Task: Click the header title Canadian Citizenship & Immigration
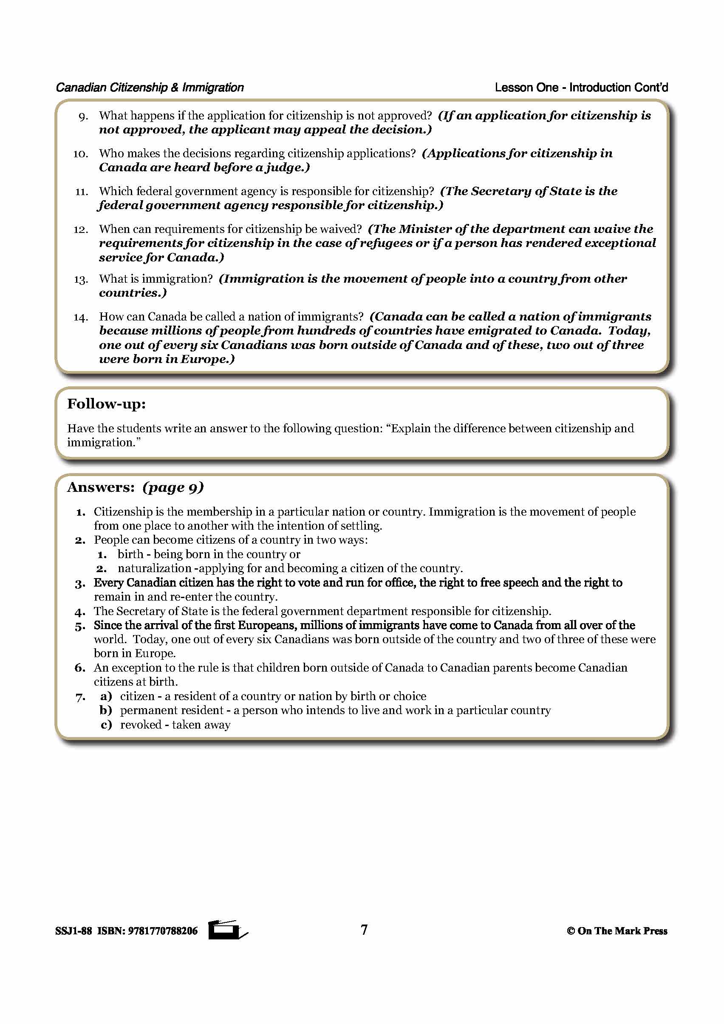tap(150, 88)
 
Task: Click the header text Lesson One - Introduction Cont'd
tap(581, 88)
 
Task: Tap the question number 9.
tap(83, 117)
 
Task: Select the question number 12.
tap(81, 230)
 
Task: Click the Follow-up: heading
tap(106, 404)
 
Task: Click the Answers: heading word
tap(101, 488)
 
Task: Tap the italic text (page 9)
tap(173, 488)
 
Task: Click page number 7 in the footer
tap(364, 930)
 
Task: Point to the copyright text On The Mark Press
tap(622, 931)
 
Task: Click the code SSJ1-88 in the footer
tap(74, 931)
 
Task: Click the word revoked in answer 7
tap(141, 725)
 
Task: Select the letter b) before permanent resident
tap(106, 710)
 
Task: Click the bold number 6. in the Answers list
tap(80, 668)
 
